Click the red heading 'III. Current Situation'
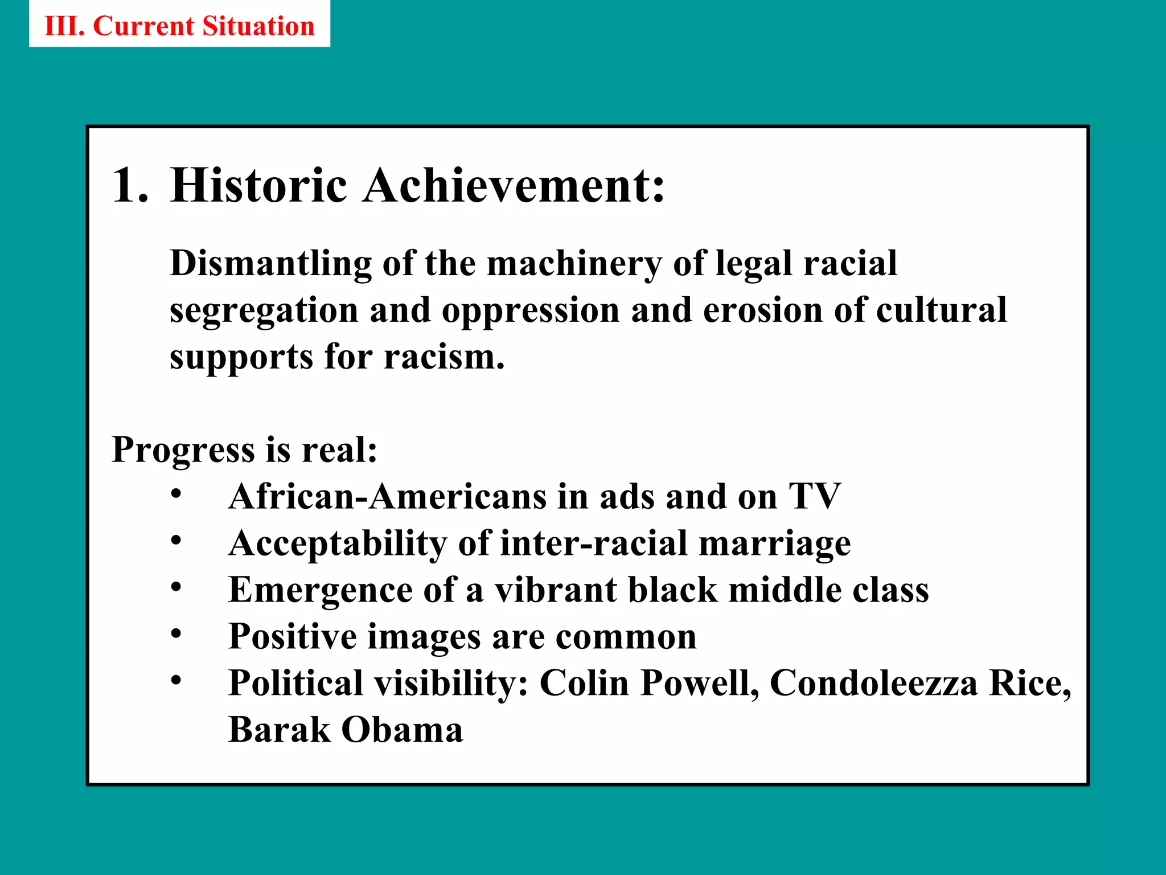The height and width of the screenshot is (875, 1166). [179, 26]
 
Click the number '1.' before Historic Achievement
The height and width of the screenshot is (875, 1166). [130, 185]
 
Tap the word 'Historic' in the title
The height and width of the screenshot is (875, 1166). [258, 185]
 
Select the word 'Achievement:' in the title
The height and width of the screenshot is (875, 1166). [514, 185]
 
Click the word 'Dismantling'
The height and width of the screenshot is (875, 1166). [270, 264]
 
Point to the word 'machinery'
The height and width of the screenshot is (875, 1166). [574, 264]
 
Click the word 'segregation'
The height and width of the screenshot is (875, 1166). [264, 311]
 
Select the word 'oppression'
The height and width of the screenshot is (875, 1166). [530, 311]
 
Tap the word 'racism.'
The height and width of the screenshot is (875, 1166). [444, 357]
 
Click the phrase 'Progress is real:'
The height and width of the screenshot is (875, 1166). [244, 449]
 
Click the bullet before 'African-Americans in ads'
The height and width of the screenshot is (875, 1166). [176, 493]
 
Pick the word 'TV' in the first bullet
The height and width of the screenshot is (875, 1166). [814, 496]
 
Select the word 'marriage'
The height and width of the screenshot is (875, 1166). [774, 543]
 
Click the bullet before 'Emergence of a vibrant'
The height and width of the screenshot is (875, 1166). [176, 586]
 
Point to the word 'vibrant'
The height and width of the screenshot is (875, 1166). [555, 590]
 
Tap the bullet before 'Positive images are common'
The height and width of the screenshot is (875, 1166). [176, 633]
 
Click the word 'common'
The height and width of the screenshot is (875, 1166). [626, 636]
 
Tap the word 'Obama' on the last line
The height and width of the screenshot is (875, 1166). [402, 730]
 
